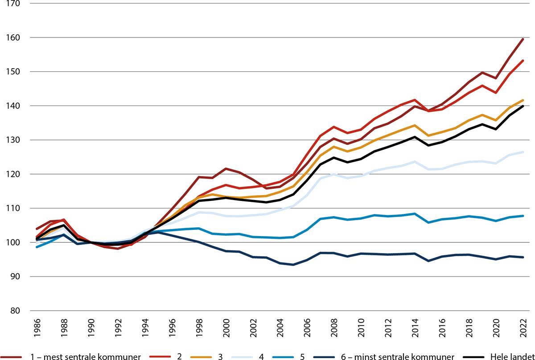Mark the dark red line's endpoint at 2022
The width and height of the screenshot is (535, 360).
click(x=523, y=39)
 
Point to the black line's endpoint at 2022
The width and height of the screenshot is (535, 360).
click(x=523, y=106)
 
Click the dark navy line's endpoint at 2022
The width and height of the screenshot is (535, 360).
click(x=523, y=258)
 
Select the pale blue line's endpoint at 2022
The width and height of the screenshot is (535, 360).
click(x=523, y=152)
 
